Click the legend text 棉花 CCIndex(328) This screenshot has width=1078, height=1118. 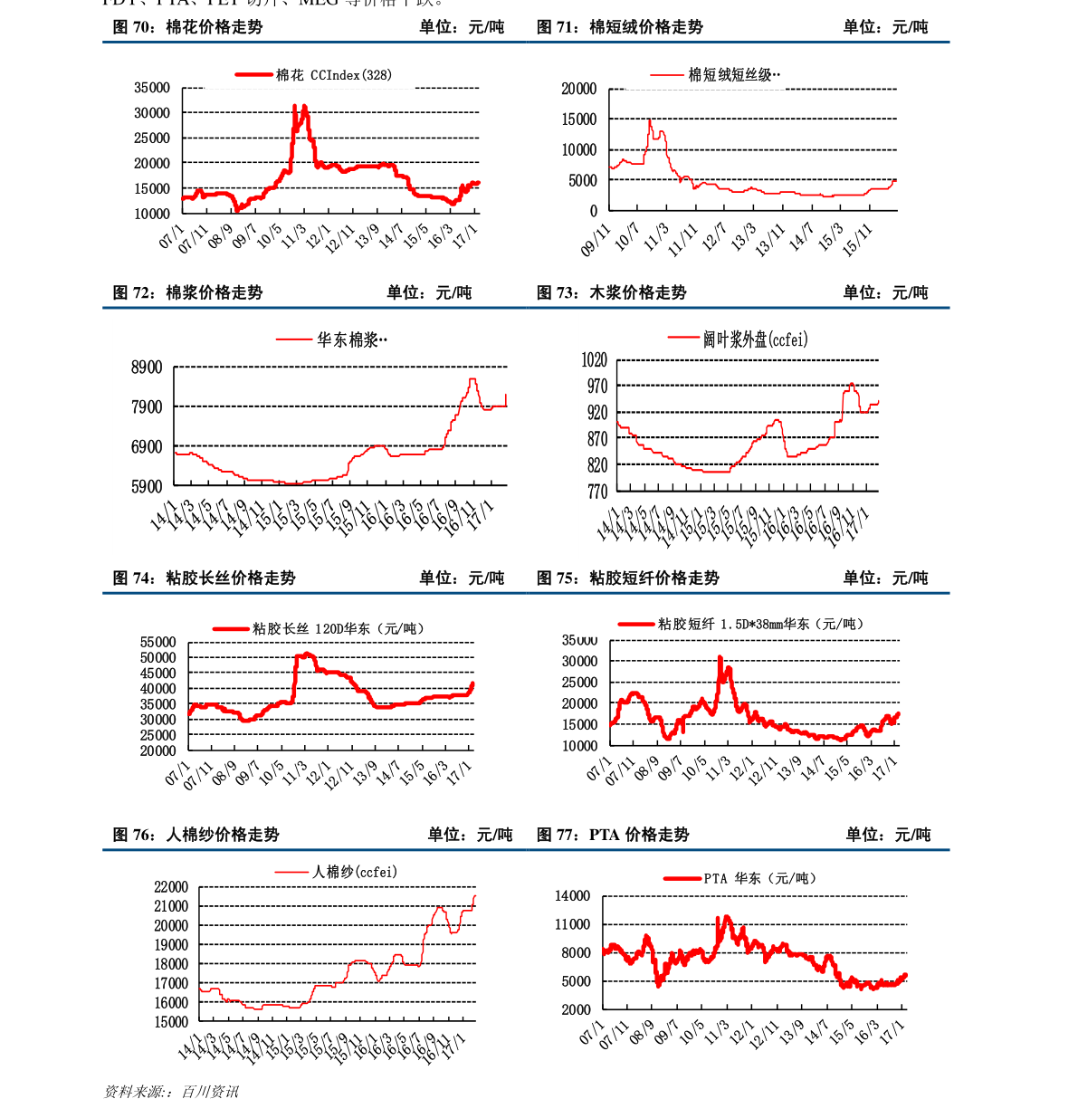pyautogui.click(x=333, y=75)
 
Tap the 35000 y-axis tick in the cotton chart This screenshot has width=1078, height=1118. pyautogui.click(x=152, y=88)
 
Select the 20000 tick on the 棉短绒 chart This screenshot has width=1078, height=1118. pyautogui.click(x=578, y=89)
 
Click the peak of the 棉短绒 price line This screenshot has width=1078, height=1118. pyautogui.click(x=649, y=119)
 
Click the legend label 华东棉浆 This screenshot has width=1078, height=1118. pyautogui.click(x=351, y=340)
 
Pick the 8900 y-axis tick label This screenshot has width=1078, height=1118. pyautogui.click(x=147, y=368)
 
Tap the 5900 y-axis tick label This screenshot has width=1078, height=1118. pyautogui.click(x=147, y=486)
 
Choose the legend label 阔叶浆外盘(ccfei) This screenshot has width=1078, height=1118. pyautogui.click(x=755, y=339)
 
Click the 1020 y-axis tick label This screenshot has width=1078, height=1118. pyautogui.click(x=594, y=360)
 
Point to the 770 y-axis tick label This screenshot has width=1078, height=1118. pyautogui.click(x=597, y=492)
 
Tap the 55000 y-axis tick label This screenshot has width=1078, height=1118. pyautogui.click(x=157, y=642)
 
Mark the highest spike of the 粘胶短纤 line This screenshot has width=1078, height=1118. pyautogui.click(x=720, y=657)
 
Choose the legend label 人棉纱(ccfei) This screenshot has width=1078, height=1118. pyautogui.click(x=354, y=872)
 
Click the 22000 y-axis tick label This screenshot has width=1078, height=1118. pyautogui.click(x=171, y=887)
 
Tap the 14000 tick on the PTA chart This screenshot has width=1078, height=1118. pyautogui.click(x=572, y=896)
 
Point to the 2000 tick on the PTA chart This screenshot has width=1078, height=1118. pyautogui.click(x=575, y=1009)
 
